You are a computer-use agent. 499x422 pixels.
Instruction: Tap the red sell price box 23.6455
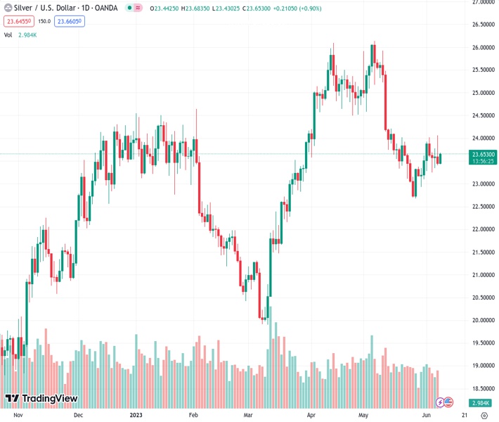pyautogui.click(x=20, y=21)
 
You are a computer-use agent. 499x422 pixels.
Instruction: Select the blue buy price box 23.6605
pyautogui.click(x=70, y=21)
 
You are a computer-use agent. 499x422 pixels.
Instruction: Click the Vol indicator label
pyautogui.click(x=8, y=34)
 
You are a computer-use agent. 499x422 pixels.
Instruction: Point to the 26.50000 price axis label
pyautogui.click(x=484, y=25)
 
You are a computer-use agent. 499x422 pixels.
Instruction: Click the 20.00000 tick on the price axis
pyautogui.click(x=484, y=320)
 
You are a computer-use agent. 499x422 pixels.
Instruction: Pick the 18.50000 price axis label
pyautogui.click(x=484, y=388)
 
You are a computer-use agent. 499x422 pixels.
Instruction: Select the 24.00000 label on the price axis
pyautogui.click(x=484, y=139)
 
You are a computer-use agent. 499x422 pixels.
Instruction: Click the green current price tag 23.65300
pyautogui.click(x=484, y=154)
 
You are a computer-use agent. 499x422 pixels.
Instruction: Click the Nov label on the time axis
pyautogui.click(x=19, y=416)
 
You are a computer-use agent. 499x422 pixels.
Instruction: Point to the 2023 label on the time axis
pyautogui.click(x=136, y=416)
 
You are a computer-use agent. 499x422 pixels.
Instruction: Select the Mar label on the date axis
pyautogui.click(x=247, y=416)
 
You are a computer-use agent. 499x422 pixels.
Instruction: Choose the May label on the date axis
pyautogui.click(x=363, y=416)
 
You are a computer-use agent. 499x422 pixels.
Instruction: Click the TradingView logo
pyautogui.click(x=42, y=399)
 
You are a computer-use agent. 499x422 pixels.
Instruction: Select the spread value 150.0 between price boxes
pyautogui.click(x=44, y=21)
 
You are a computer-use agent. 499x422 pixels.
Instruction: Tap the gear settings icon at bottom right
pyautogui.click(x=484, y=416)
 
